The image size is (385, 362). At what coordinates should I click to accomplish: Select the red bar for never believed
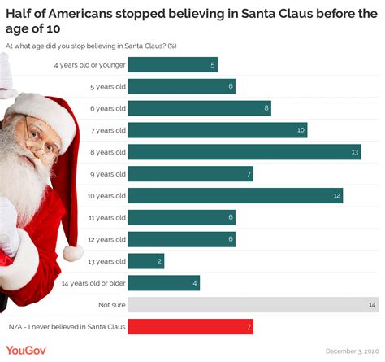[x=191, y=327]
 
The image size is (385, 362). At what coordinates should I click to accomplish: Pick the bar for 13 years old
[x=146, y=261]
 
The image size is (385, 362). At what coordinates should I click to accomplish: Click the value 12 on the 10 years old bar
[x=335, y=195]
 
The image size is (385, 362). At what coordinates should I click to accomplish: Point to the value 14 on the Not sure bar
[x=372, y=305]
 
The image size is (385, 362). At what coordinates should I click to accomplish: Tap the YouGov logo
[x=27, y=350]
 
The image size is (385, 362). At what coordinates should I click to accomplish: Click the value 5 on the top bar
[x=212, y=64]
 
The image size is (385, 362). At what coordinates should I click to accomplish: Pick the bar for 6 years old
[x=199, y=107]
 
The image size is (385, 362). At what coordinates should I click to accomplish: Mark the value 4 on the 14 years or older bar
[x=194, y=283]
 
